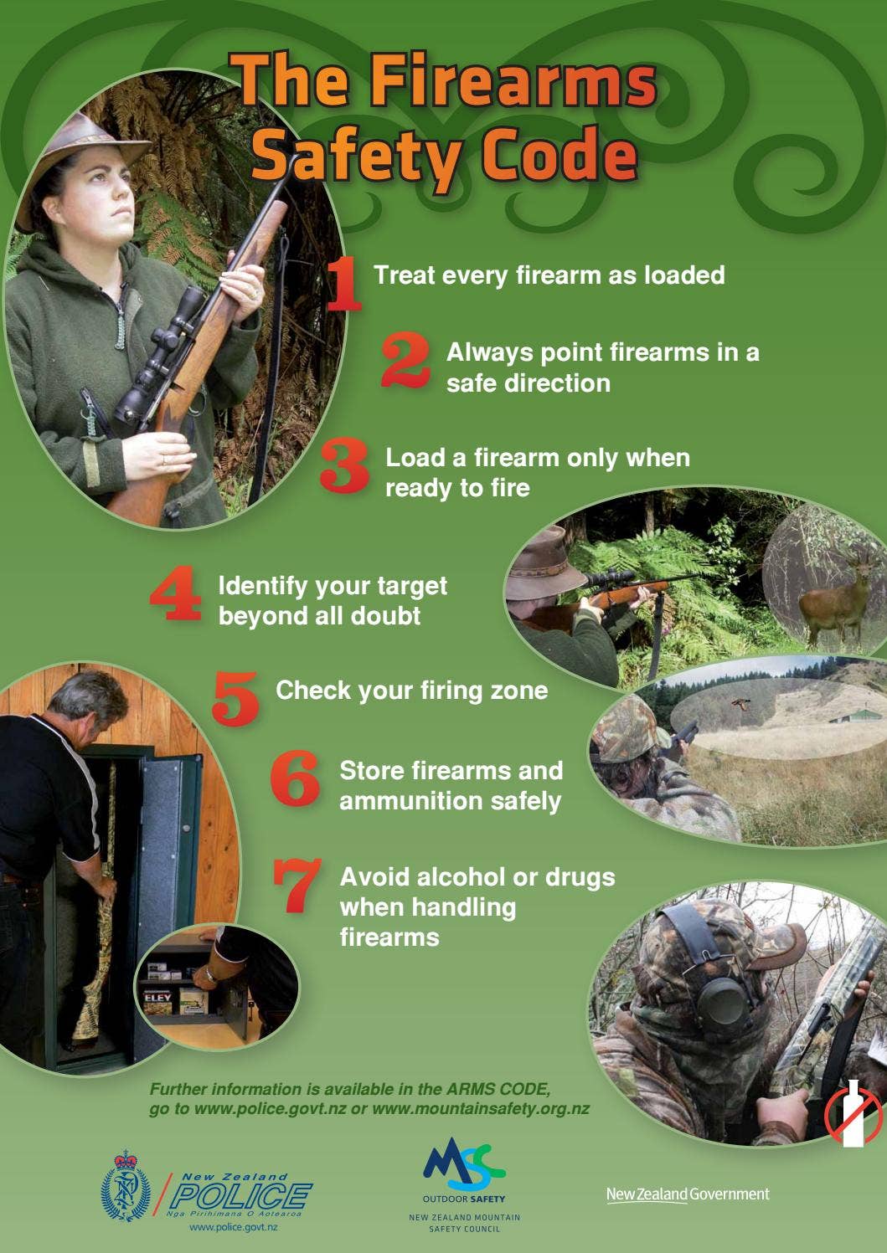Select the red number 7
coord(297,885)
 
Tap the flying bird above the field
coord(740,705)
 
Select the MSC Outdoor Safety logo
coord(464,1167)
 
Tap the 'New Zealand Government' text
coord(687,1194)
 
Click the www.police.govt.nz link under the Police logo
coord(234,1227)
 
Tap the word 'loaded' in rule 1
coord(683,275)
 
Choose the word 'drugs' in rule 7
coord(580,877)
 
